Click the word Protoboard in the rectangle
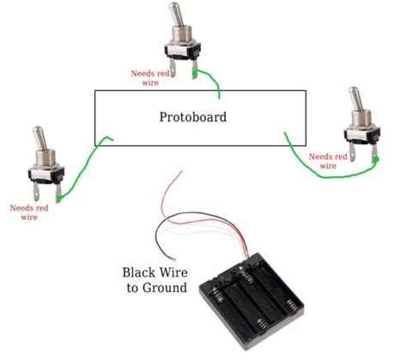click(192, 116)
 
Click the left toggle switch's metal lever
click(39, 139)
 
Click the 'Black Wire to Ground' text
click(154, 279)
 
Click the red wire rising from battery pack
click(172, 189)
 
